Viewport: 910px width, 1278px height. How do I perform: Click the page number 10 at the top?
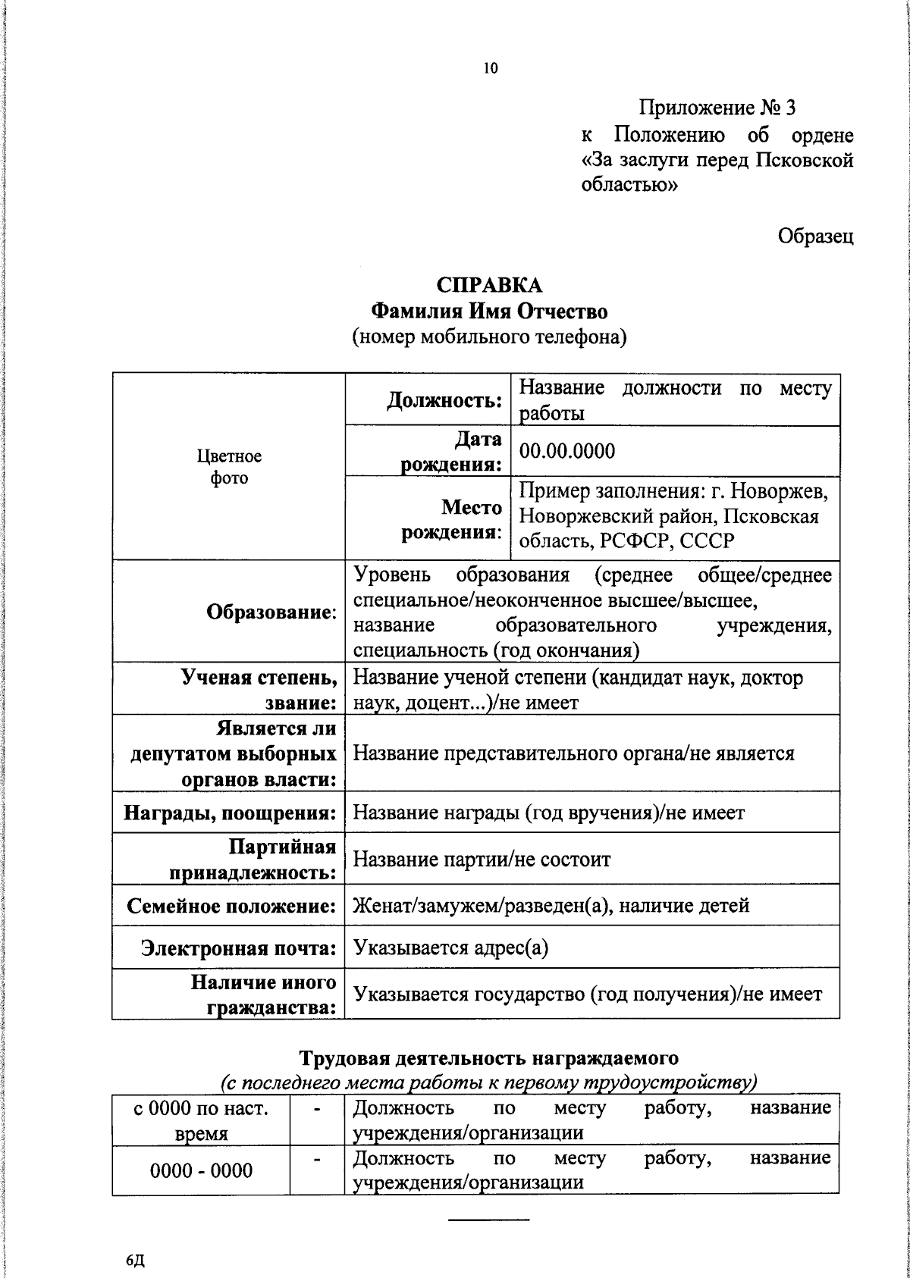pos(490,69)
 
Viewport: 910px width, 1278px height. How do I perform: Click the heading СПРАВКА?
pos(489,285)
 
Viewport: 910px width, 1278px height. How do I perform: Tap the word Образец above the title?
pos(815,236)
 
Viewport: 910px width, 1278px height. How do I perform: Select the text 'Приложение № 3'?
pos(717,108)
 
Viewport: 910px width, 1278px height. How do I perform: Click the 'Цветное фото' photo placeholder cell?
pos(229,467)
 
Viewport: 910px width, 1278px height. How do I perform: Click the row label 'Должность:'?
pos(444,399)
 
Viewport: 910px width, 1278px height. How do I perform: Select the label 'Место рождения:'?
pos(452,519)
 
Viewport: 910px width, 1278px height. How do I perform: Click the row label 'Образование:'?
pos(271,612)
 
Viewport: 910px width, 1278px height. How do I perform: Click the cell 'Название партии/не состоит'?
pos(482,860)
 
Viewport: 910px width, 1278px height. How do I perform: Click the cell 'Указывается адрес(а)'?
pos(450,948)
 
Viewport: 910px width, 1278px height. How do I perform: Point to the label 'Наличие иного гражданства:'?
pos(263,995)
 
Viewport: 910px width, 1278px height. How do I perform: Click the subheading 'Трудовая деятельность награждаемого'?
pos(489,1057)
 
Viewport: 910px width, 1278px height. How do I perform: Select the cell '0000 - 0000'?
pos(202,1171)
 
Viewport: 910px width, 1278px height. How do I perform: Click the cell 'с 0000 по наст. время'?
pos(202,1120)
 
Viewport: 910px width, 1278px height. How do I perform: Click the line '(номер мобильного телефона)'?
pos(489,337)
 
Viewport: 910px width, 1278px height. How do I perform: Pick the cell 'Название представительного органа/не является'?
pos(574,753)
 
